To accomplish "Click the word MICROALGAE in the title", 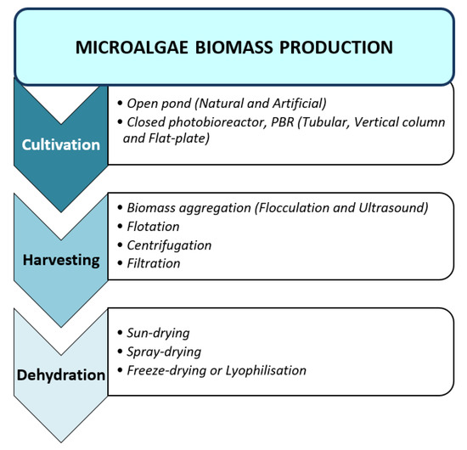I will tap(127, 47).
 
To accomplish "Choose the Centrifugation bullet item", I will tap(169, 245).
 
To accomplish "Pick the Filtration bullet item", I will tap(154, 263).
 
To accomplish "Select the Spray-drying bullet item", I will tap(166, 352).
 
